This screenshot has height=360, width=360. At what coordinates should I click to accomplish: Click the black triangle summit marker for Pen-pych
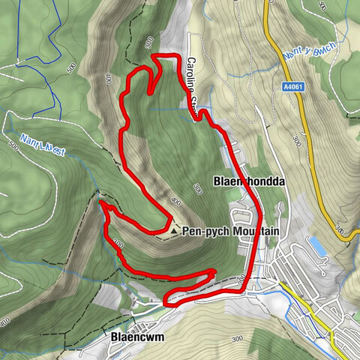click(175, 232)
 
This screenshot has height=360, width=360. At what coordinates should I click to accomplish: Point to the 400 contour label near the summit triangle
click(175, 202)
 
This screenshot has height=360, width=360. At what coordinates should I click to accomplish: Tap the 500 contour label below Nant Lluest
click(13, 148)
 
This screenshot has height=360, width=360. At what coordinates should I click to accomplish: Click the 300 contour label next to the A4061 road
click(298, 140)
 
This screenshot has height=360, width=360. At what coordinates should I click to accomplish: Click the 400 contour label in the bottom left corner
click(6, 322)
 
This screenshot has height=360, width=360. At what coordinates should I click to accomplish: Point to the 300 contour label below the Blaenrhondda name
click(197, 189)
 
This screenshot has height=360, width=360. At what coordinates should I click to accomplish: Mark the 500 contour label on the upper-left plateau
click(71, 67)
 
